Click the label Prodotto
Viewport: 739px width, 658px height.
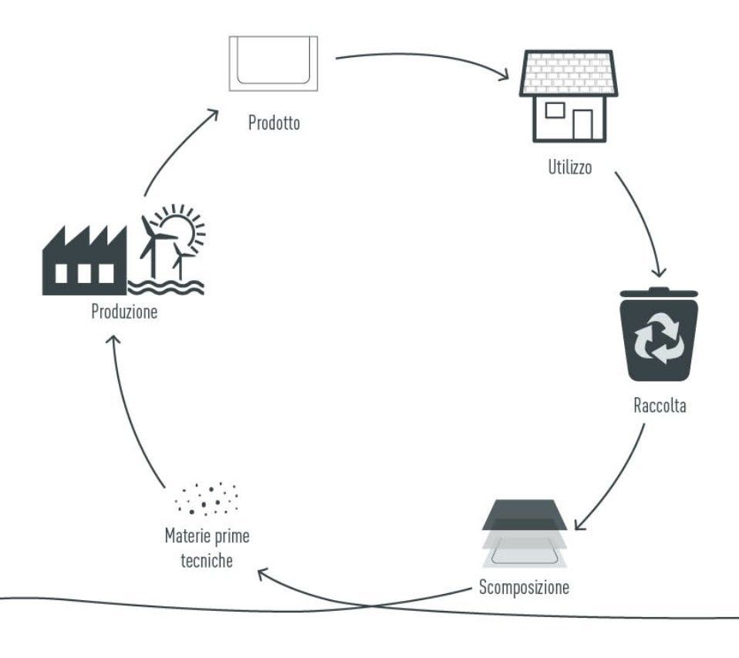[x=274, y=123]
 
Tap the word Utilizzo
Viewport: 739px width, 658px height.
[x=570, y=167]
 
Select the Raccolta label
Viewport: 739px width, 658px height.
[x=658, y=406]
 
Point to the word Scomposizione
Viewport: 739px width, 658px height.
[x=524, y=587]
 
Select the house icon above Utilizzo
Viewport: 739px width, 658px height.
[x=566, y=96]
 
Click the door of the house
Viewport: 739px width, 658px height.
[x=583, y=124]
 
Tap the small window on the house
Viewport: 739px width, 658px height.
[x=555, y=110]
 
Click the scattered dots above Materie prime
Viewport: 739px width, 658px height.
[x=207, y=499]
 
